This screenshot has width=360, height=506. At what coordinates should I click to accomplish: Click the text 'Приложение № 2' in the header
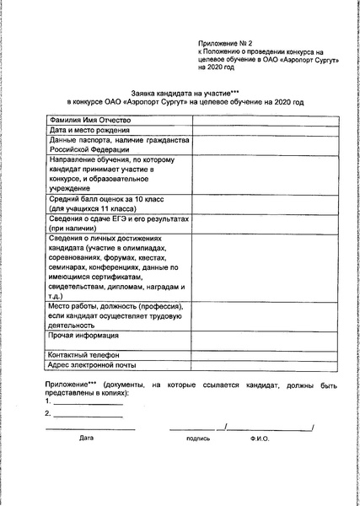point(224,41)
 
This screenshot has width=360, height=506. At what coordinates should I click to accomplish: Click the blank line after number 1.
point(88,403)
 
